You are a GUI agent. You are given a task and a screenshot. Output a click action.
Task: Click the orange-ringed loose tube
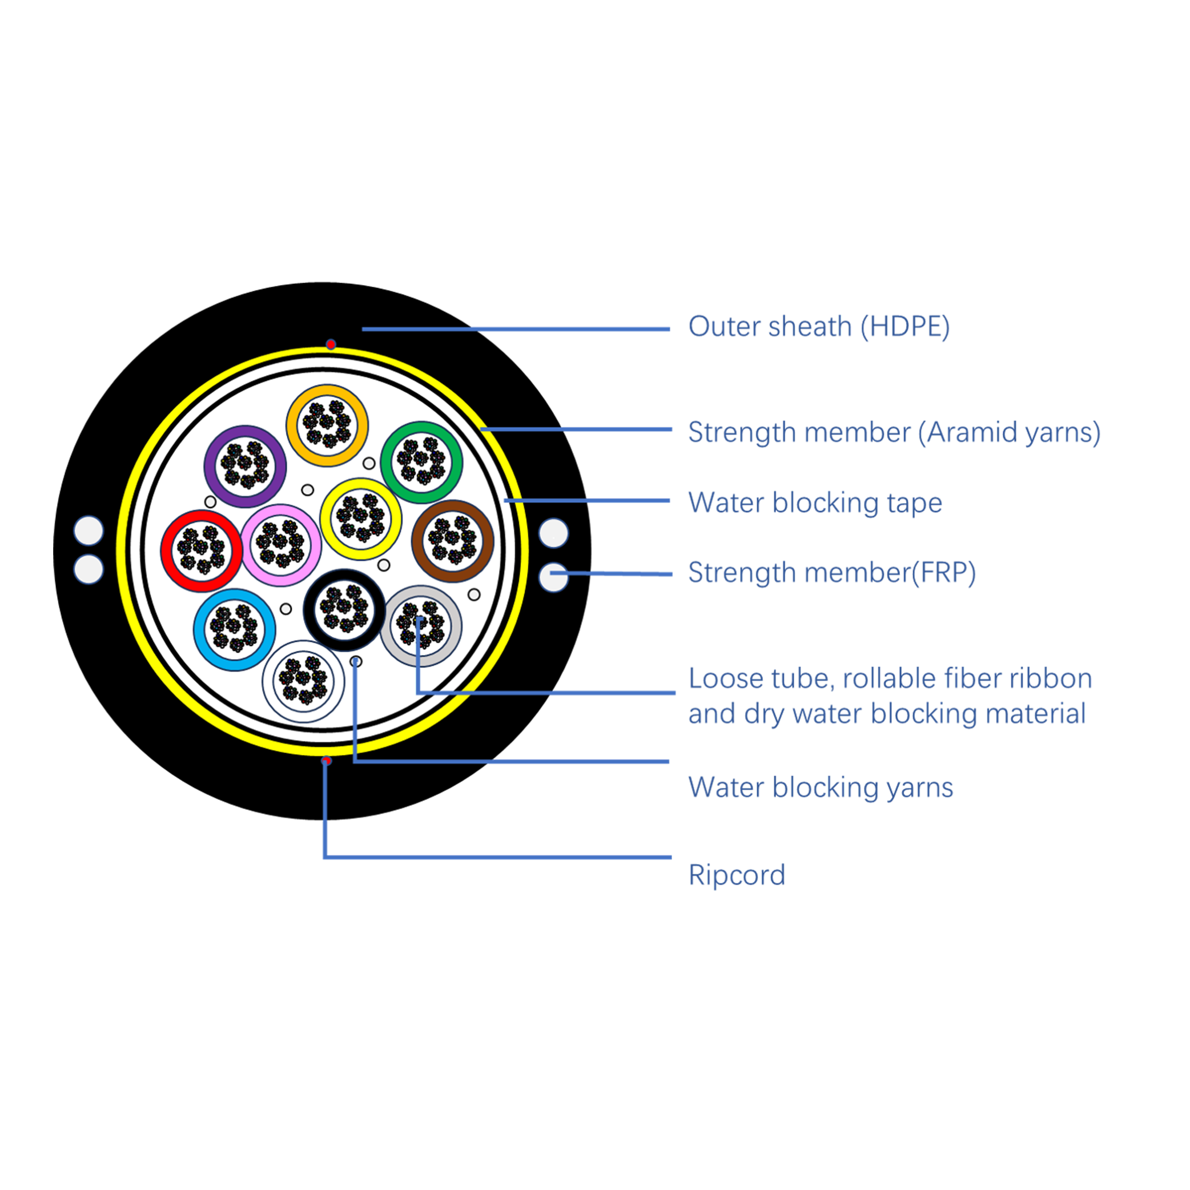327,425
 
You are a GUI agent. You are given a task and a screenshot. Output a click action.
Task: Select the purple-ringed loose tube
245,467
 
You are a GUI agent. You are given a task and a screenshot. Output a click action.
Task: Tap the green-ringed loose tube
421,463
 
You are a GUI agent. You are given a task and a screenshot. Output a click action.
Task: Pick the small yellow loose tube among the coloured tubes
361,519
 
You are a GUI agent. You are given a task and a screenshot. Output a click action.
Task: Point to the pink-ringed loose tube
282,545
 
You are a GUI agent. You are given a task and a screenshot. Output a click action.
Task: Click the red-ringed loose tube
202,550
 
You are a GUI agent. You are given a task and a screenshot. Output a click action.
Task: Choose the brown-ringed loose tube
453,540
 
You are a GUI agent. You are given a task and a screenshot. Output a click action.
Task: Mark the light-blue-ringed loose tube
235,629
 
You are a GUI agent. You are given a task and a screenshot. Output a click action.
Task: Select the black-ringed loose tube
344,609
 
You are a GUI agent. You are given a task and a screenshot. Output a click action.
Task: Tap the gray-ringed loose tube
421,626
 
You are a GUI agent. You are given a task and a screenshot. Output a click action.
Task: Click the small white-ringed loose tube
303,681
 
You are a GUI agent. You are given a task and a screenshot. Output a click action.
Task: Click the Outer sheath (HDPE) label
819,327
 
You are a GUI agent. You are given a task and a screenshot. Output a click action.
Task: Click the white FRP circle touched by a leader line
553,577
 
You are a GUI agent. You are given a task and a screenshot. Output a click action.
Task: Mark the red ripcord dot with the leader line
327,762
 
